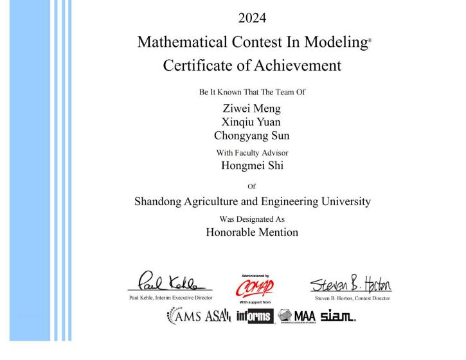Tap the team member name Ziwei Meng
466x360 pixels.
point(251,109)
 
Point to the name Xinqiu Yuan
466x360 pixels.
point(251,122)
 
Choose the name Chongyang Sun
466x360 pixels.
point(251,136)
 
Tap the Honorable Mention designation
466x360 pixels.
point(251,232)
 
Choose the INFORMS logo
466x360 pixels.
point(255,316)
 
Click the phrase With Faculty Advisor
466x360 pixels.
point(251,152)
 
